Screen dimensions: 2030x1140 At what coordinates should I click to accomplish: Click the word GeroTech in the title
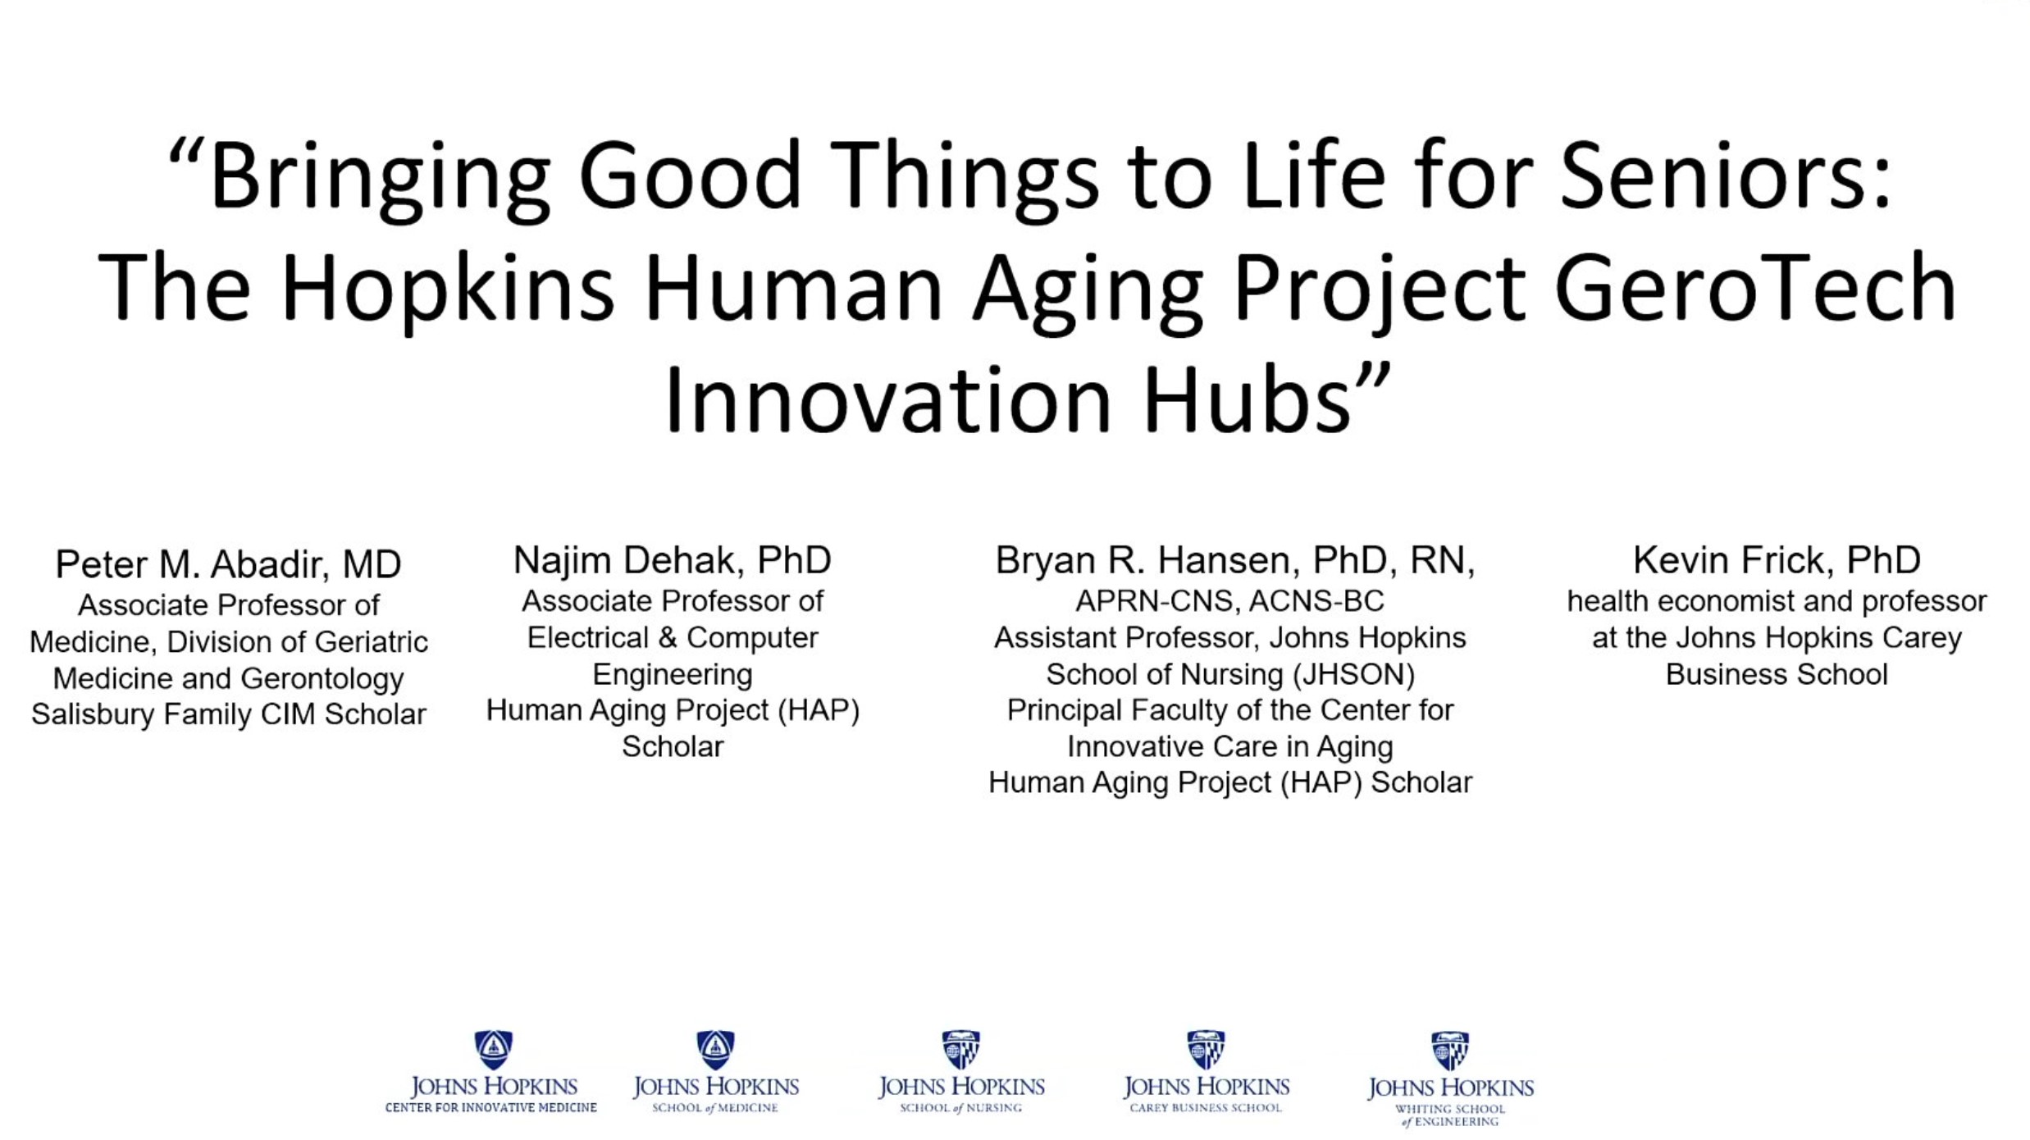[1755, 288]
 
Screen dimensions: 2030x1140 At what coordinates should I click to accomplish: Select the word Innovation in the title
[887, 400]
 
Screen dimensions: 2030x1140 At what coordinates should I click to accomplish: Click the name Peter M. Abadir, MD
[228, 564]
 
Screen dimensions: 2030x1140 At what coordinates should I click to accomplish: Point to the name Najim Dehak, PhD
[672, 560]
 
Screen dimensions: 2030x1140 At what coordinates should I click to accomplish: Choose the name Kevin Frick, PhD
[1776, 560]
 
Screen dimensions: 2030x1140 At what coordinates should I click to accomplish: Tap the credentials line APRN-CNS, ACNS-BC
[1229, 601]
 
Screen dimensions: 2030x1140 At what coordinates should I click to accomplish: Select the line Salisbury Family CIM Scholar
[228, 714]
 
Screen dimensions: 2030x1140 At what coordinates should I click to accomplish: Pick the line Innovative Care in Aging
[1229, 746]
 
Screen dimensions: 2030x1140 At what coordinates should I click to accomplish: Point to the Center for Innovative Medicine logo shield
[493, 1050]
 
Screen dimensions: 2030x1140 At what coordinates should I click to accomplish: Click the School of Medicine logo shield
[715, 1050]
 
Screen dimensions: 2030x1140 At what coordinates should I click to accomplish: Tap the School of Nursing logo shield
[960, 1050]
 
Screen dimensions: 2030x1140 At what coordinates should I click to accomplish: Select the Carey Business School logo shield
[1206, 1050]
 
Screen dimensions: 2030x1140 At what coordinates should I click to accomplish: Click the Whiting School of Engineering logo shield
[1449, 1051]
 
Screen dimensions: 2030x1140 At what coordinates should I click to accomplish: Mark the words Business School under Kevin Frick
[1776, 674]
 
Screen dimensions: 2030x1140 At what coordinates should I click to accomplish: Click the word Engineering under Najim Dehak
[672, 675]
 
